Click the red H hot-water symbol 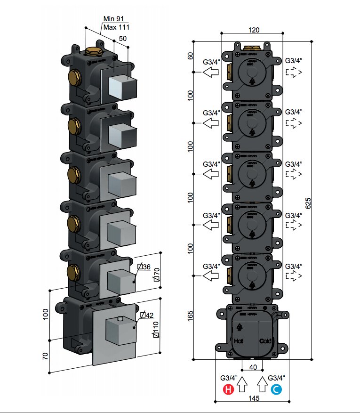[228, 389]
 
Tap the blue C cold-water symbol [276, 389]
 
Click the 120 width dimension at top [254, 30]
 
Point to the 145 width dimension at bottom [254, 398]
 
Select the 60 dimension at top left [191, 56]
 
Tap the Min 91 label [113, 19]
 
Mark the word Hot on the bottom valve [237, 340]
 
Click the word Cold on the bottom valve [265, 341]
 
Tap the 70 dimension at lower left [45, 356]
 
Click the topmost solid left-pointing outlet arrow [211, 72]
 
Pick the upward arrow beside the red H [242, 385]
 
